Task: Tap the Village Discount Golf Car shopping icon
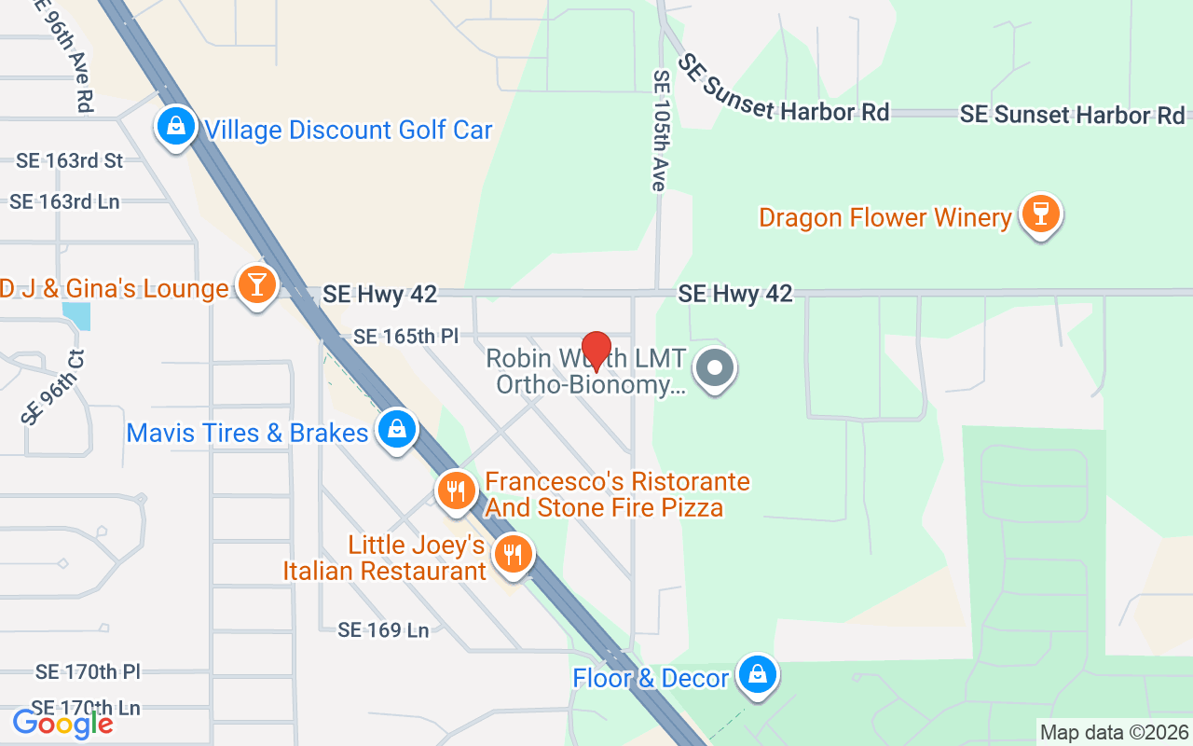coord(175,126)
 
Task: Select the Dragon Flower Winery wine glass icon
coord(1040,214)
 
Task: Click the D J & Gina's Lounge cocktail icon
coord(255,283)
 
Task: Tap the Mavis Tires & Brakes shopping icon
coord(397,429)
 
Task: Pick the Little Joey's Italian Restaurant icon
coord(512,553)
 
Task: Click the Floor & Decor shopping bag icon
coord(758,673)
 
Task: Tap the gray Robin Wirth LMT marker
coord(716,367)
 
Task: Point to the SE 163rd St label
coord(70,160)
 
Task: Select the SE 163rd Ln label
coord(64,201)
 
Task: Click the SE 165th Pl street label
coord(406,336)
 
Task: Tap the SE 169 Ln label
coord(383,630)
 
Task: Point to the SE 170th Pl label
coord(88,671)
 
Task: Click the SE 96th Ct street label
coord(52,386)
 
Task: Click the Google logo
coord(62,723)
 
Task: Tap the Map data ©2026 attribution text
coord(1115,733)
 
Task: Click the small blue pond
coord(78,316)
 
